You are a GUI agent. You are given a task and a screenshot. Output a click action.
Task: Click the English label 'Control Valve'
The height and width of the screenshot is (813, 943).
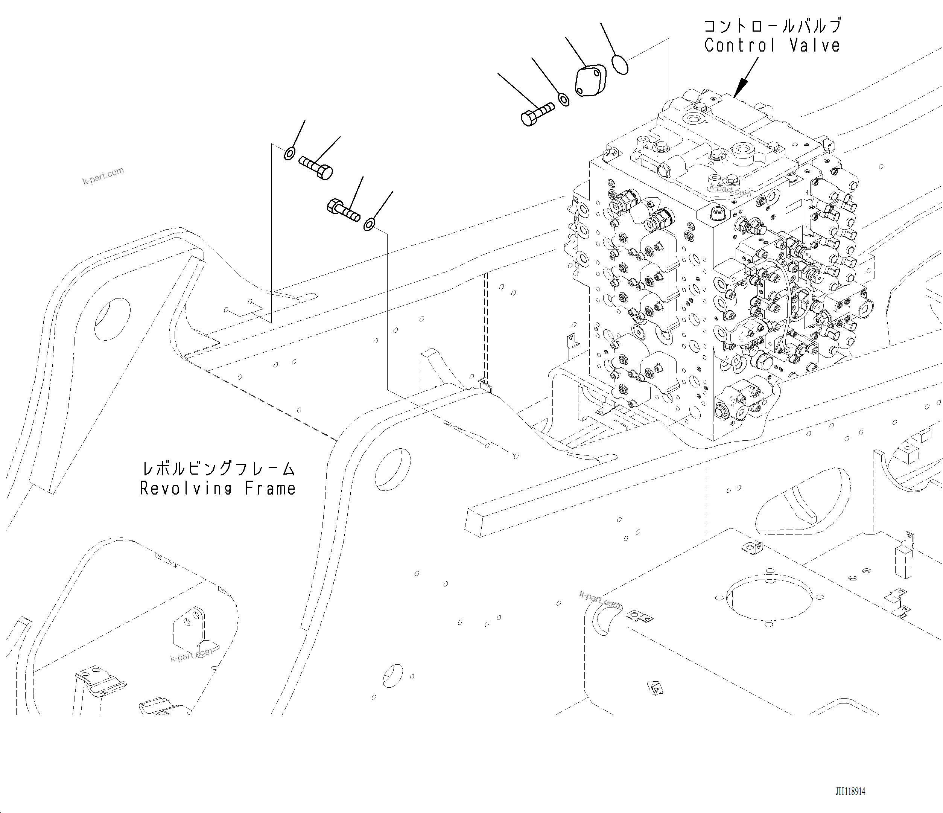(772, 46)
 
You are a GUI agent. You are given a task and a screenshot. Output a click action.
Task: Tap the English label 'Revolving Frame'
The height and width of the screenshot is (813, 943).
(217, 489)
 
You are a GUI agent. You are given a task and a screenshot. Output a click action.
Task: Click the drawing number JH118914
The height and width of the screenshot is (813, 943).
(850, 791)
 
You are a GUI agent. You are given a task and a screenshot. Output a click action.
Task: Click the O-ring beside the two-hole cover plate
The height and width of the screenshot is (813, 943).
(620, 64)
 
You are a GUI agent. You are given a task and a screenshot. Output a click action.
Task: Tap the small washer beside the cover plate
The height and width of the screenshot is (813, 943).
(563, 100)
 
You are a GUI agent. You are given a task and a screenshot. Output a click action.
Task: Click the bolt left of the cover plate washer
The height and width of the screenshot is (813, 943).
(537, 114)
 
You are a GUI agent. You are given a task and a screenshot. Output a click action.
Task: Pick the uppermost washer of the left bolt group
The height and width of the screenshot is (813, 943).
(289, 154)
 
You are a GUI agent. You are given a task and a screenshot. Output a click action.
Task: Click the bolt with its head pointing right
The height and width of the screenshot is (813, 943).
(316, 168)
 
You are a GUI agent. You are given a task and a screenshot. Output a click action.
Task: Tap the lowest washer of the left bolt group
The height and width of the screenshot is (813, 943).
(369, 224)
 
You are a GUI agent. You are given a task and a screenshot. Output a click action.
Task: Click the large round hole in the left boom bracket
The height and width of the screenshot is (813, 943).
(113, 319)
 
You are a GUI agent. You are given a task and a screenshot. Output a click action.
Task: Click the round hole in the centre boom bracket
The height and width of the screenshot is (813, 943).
(392, 469)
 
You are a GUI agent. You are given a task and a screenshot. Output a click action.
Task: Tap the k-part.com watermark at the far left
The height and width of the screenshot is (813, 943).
(103, 176)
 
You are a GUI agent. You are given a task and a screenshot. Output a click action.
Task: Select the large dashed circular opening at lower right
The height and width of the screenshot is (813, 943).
(769, 598)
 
